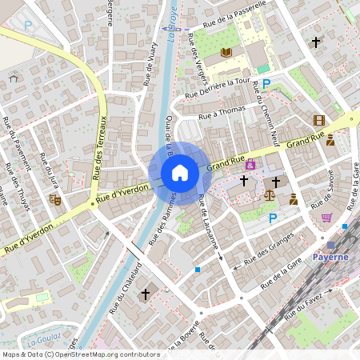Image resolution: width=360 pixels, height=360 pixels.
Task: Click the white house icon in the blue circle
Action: coord(179,173)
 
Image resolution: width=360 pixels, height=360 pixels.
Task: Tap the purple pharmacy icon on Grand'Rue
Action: coord(250,164)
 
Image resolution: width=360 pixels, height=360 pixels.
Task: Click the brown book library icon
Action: coord(226,53)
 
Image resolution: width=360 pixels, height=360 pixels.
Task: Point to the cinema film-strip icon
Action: coord(319,120)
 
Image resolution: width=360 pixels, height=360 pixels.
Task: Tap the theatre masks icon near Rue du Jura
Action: coord(54,198)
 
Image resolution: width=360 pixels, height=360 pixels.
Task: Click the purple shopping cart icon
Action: coord(326,217)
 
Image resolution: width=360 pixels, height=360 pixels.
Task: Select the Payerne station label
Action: coord(330,257)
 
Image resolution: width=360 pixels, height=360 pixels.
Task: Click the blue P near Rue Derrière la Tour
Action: coord(267,83)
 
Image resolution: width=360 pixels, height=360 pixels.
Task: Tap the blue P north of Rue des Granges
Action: coord(273,218)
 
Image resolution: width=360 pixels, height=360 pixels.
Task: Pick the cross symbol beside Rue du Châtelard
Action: coord(145,294)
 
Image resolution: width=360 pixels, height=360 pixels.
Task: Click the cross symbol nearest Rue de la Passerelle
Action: coord(316,42)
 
